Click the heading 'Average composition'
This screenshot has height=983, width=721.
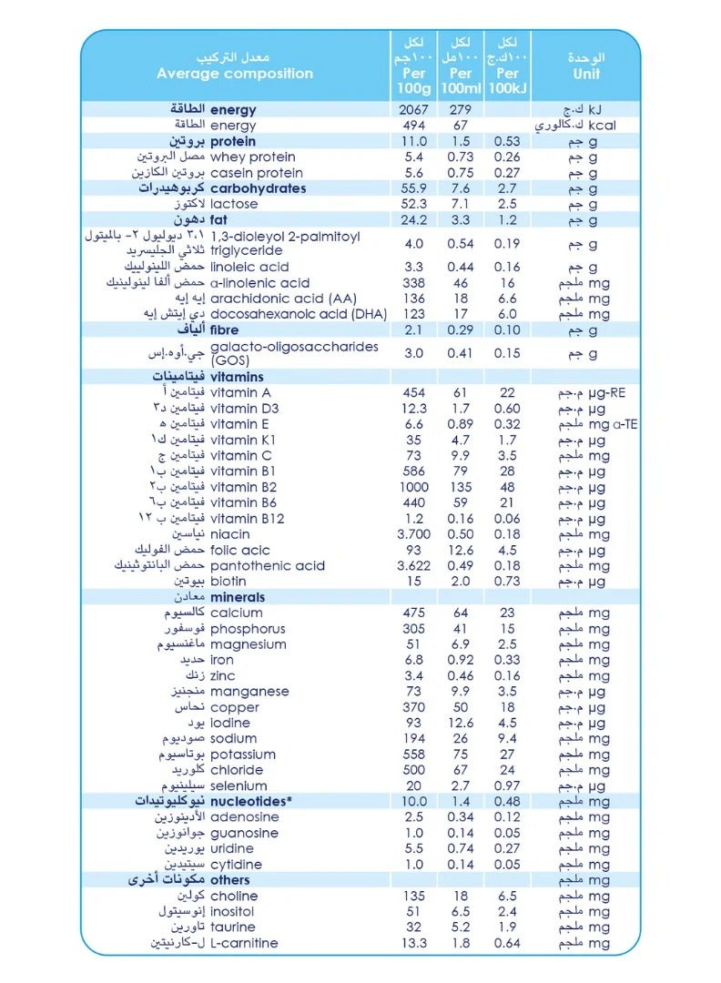point(234,74)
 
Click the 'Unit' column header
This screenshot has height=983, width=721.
point(586,74)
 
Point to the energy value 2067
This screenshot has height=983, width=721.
point(413,110)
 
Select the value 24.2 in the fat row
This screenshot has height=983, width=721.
point(413,219)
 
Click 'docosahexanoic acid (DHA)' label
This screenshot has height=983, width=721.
point(299,314)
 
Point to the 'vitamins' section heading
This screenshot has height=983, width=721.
point(237,377)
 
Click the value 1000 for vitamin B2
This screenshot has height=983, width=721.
point(413,487)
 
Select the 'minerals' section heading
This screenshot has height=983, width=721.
point(238,597)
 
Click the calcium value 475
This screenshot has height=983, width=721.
point(413,613)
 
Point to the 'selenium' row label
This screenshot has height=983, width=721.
point(239,785)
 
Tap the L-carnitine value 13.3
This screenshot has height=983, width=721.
point(413,943)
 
